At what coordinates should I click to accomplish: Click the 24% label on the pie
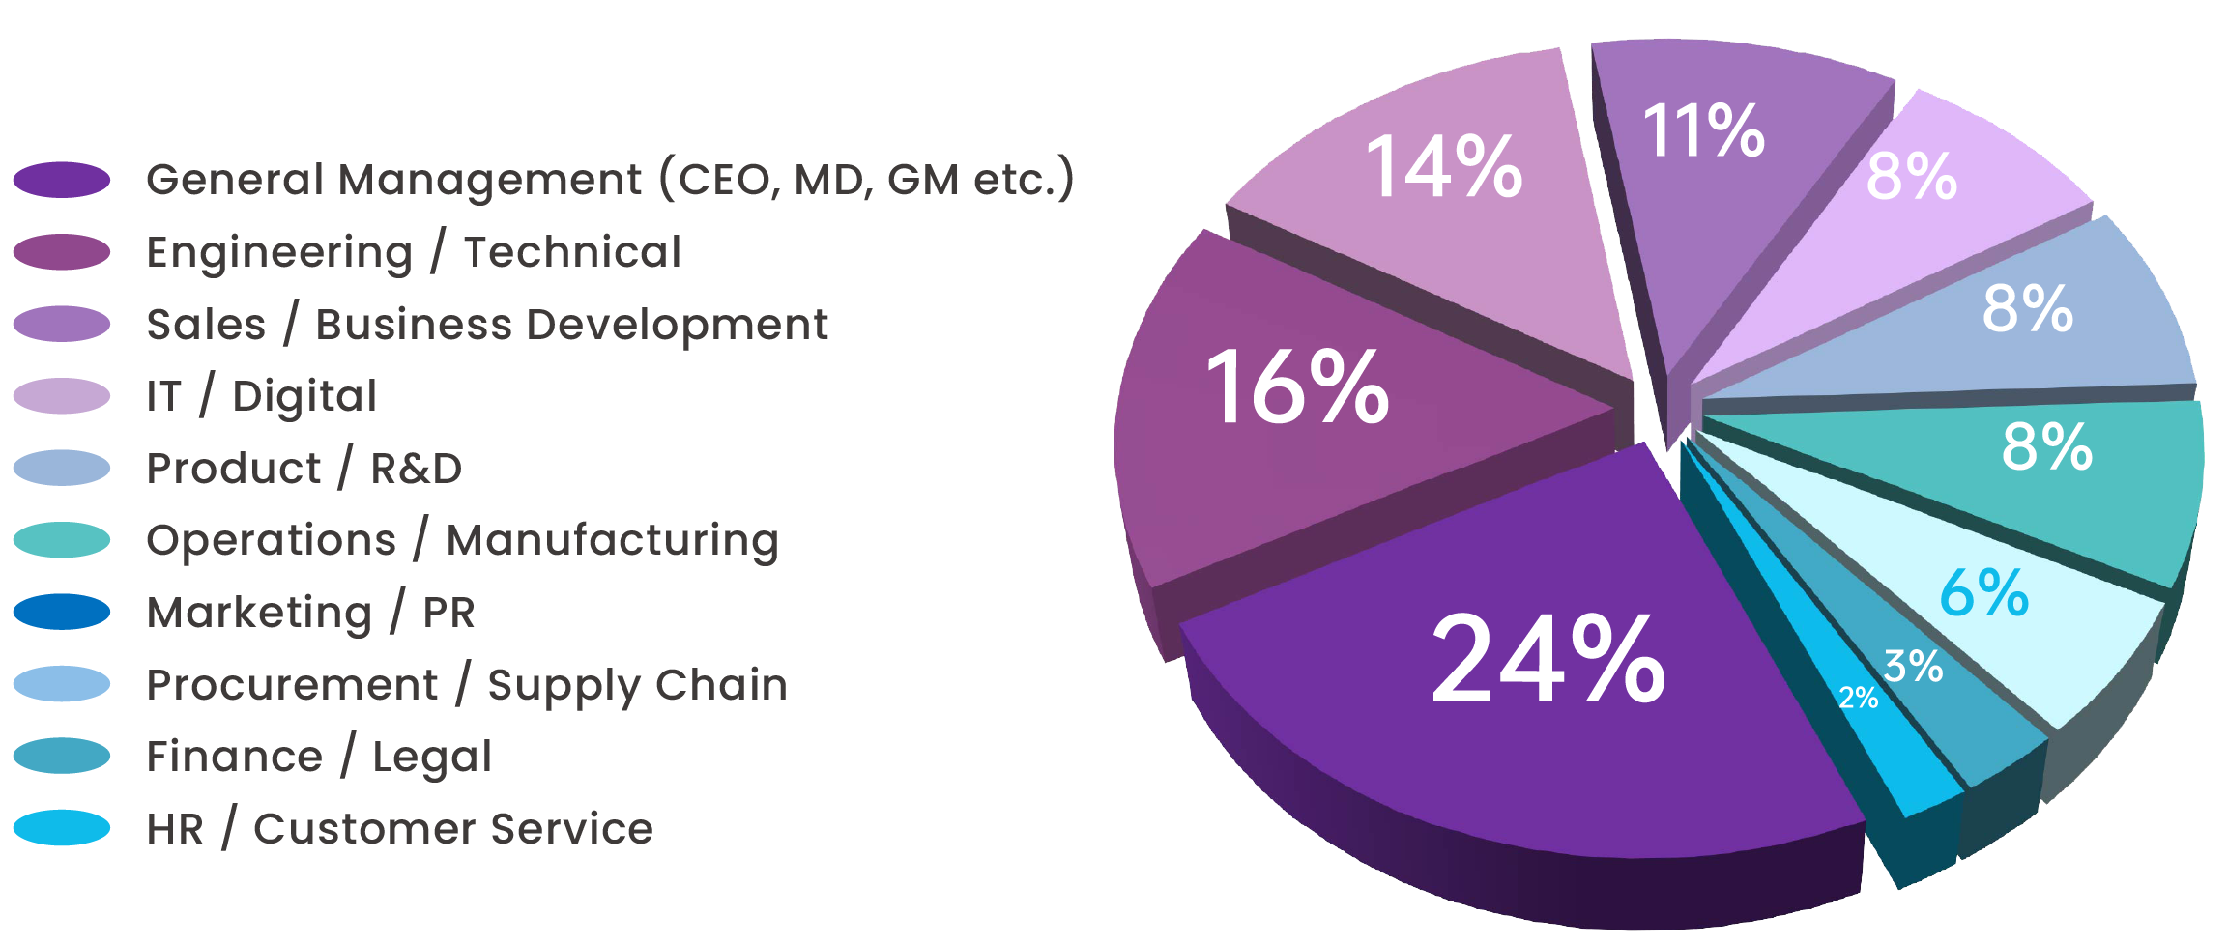click(x=1548, y=660)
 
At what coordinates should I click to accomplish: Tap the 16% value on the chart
click(x=1296, y=388)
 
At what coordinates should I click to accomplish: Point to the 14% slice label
click(x=1443, y=168)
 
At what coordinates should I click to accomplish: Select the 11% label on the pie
click(x=1703, y=131)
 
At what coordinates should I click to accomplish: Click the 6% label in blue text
click(x=1983, y=592)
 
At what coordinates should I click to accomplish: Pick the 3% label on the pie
click(x=1913, y=667)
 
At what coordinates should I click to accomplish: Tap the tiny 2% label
click(x=1858, y=698)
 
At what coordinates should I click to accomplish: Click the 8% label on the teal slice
click(x=2046, y=447)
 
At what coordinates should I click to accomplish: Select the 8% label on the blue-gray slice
click(x=2027, y=309)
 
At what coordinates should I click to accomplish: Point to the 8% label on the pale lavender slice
click(x=1911, y=177)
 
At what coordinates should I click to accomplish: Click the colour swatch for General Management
click(x=62, y=180)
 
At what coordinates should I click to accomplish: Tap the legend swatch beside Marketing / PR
click(x=62, y=612)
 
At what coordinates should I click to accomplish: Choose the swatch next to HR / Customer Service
click(x=62, y=828)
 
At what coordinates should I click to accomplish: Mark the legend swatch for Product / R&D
click(x=62, y=468)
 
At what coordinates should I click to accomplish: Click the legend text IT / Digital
click(x=261, y=396)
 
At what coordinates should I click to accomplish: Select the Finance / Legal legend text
click(x=319, y=757)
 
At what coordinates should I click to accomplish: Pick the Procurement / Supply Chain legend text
click(x=467, y=685)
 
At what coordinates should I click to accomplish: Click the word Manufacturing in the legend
click(x=612, y=540)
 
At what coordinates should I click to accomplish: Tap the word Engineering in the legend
click(x=279, y=253)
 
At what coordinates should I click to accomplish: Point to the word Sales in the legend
click(x=206, y=325)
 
